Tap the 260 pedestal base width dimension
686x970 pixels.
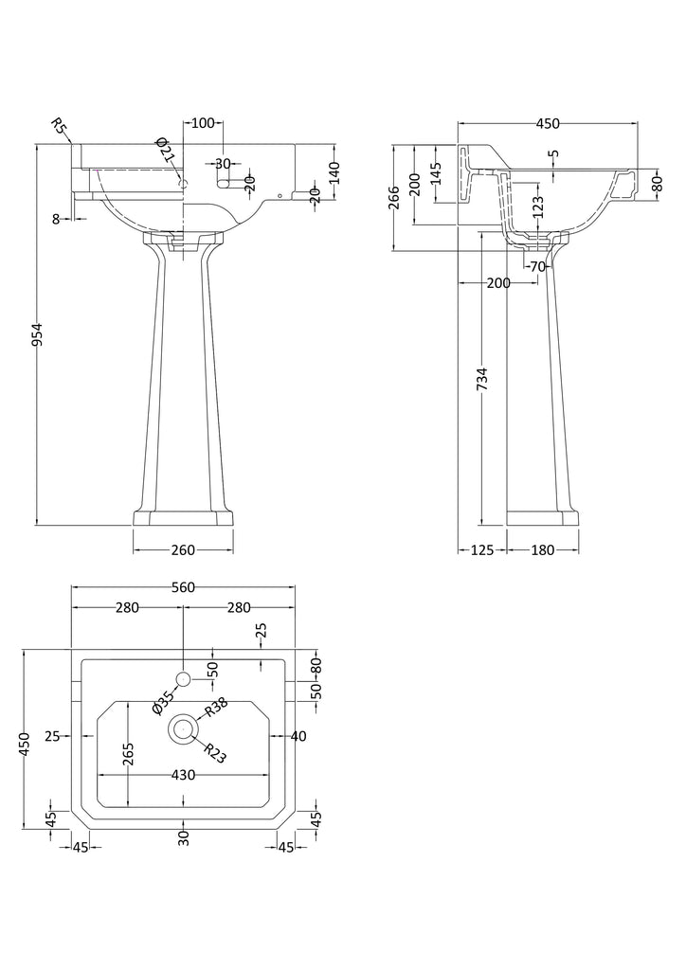click(x=183, y=550)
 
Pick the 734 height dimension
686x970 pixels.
click(x=482, y=379)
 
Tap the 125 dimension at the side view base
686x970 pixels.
click(x=482, y=550)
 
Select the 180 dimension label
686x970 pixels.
click(x=542, y=550)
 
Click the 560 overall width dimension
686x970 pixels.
click(x=183, y=587)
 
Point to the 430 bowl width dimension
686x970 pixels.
click(x=183, y=775)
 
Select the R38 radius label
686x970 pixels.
click(x=217, y=707)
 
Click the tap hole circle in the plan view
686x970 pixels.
click(x=184, y=678)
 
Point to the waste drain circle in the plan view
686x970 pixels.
click(x=183, y=728)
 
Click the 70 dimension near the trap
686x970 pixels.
click(x=538, y=266)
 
